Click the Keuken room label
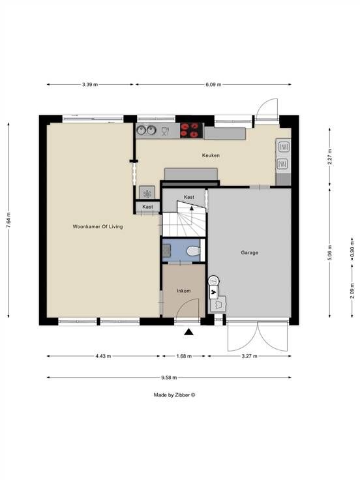pos(211,155)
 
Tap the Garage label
pos(250,252)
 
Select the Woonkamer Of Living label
pos(98,226)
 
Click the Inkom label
pos(184,290)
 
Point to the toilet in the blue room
pos(194,251)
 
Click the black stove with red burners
pos(191,130)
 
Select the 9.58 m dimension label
pos(169,378)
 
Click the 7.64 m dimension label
pos(8,220)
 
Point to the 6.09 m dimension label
pos(213,85)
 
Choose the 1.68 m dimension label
pos(184,356)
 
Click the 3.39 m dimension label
pos(90,85)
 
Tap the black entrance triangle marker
pos(189,331)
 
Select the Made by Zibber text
pos(174,395)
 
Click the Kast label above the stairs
pos(189,197)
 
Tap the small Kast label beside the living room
pos(147,207)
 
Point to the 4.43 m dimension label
pos(103,356)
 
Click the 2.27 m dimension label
pos(330,157)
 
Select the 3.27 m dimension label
pos(250,356)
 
